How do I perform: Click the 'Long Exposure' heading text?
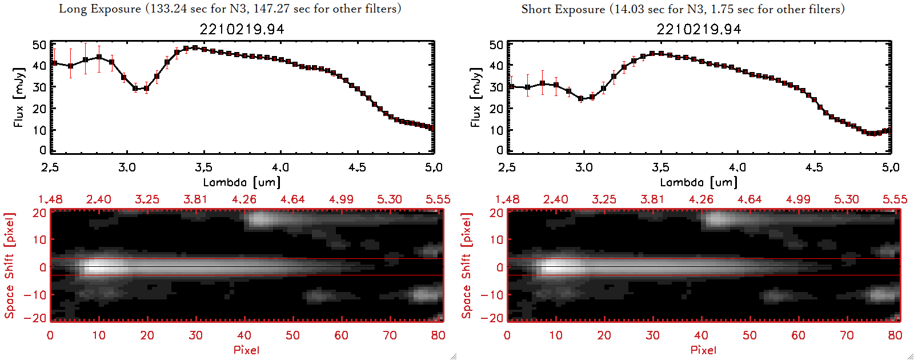pyautogui.click(x=100, y=9)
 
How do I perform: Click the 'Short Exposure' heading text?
pyautogui.click(x=563, y=9)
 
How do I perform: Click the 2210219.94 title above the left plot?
pyautogui.click(x=242, y=29)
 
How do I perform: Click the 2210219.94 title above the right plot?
pyautogui.click(x=699, y=29)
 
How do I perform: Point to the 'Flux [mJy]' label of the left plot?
pyautogui.click(x=19, y=97)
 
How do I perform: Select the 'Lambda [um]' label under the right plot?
pyautogui.click(x=699, y=182)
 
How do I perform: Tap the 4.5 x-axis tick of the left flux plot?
pyautogui.click(x=357, y=167)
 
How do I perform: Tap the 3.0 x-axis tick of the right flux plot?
pyautogui.click(x=584, y=167)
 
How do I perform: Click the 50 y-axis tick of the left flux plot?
pyautogui.click(x=39, y=45)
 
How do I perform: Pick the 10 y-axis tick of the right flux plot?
pyautogui.click(x=496, y=130)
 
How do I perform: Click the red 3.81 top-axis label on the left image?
pyautogui.click(x=195, y=199)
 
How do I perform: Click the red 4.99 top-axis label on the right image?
pyautogui.click(x=798, y=199)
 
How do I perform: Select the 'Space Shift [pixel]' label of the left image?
pyautogui.click(x=10, y=266)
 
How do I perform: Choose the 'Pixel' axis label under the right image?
pyautogui.click(x=703, y=350)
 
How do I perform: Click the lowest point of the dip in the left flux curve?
pyautogui.click(x=135, y=89)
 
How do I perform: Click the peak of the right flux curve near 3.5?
pyautogui.click(x=661, y=54)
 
